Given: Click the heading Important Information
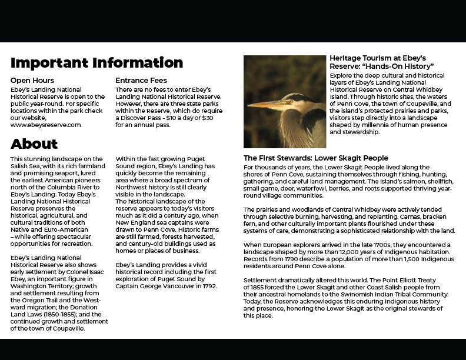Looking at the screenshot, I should tap(96, 62).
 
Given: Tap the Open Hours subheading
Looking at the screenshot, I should tap(32, 80).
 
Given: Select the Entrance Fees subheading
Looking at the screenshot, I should tap(141, 80).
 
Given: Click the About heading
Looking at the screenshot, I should tap(34, 144).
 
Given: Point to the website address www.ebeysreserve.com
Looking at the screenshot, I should tap(45, 125).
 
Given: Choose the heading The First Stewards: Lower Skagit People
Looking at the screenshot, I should tap(316, 158).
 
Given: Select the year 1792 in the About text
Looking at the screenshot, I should tap(208, 286).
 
